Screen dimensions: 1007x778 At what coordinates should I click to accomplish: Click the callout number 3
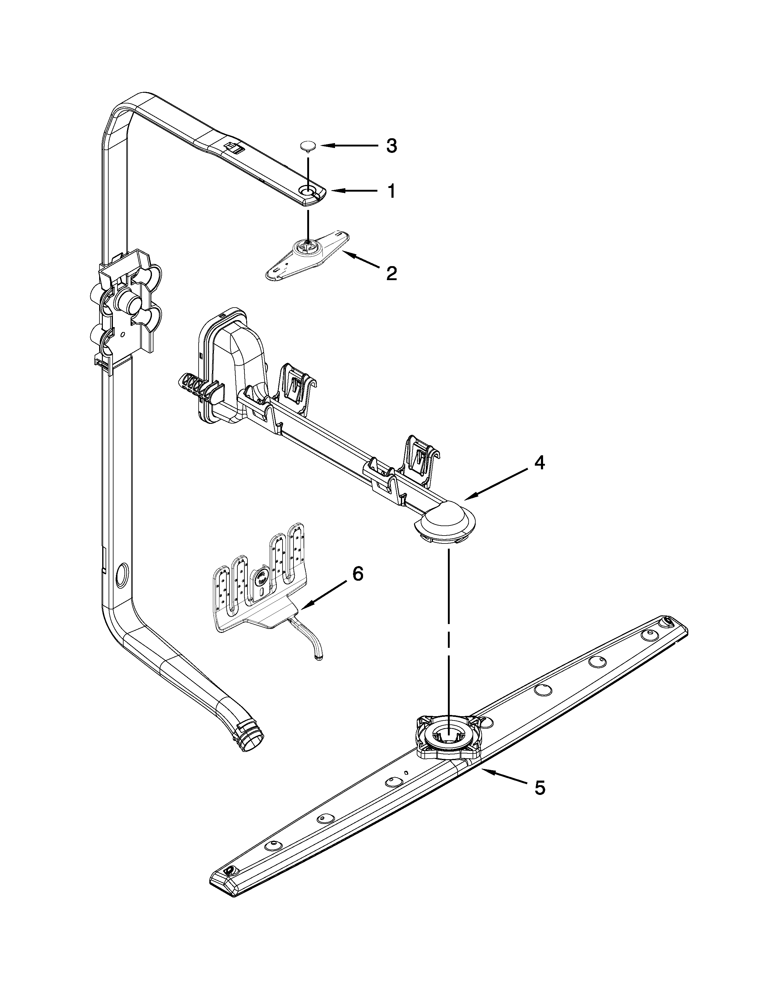(x=391, y=146)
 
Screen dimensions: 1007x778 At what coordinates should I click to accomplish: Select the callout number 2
(x=391, y=273)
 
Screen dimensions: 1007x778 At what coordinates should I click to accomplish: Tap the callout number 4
(x=539, y=463)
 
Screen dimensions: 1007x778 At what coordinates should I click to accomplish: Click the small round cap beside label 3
(x=308, y=146)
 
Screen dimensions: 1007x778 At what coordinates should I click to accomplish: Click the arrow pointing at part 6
(x=322, y=594)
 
